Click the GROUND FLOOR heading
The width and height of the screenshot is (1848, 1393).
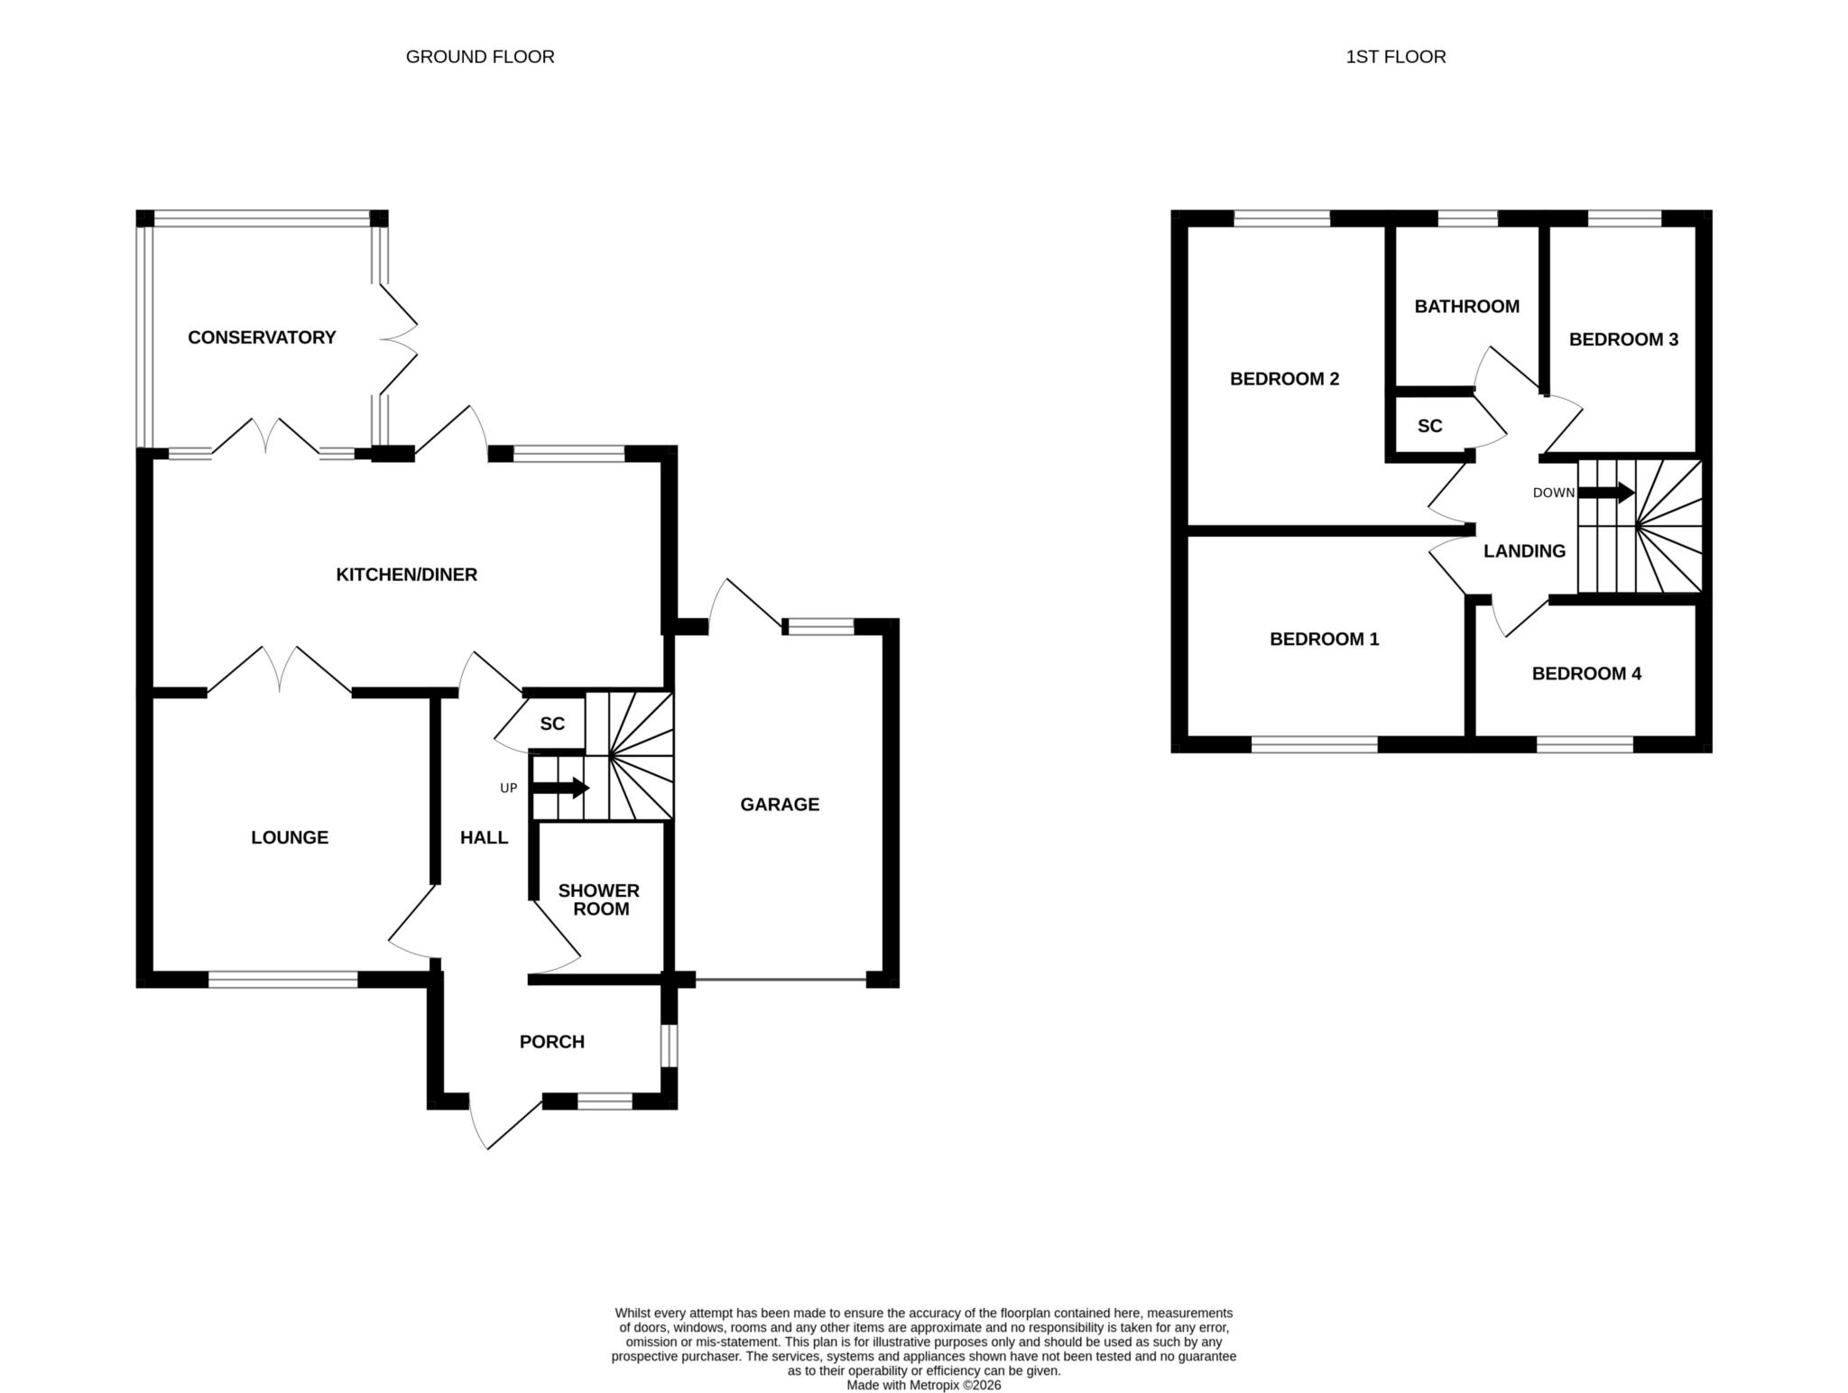click(x=480, y=57)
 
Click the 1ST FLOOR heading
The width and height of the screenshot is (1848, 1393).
click(x=1396, y=57)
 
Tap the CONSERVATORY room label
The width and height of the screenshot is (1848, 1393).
click(x=262, y=337)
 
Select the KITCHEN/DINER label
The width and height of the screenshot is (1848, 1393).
click(x=406, y=575)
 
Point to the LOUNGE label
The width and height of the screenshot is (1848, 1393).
click(x=290, y=838)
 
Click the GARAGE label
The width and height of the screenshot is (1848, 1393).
click(x=780, y=805)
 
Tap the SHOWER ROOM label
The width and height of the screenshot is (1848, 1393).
click(x=599, y=899)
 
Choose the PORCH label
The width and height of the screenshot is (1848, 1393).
click(x=552, y=1042)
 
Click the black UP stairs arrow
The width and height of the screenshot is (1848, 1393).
click(x=560, y=788)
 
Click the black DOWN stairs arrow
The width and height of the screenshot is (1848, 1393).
click(x=1605, y=493)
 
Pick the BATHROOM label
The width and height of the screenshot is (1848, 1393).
click(x=1467, y=307)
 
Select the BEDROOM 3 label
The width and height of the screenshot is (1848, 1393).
click(x=1623, y=340)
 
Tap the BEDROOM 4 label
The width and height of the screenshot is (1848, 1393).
click(x=1586, y=674)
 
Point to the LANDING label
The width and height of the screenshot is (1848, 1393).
click(x=1525, y=551)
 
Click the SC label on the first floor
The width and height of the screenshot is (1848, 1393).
click(x=1430, y=427)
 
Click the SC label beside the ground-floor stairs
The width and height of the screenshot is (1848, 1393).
click(x=552, y=724)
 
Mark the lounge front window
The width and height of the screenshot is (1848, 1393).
click(x=283, y=980)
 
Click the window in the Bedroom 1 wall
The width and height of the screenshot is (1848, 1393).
click(x=1315, y=744)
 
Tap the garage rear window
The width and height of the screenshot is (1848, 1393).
click(x=818, y=626)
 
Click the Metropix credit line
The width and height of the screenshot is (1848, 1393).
click(x=924, y=1385)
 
